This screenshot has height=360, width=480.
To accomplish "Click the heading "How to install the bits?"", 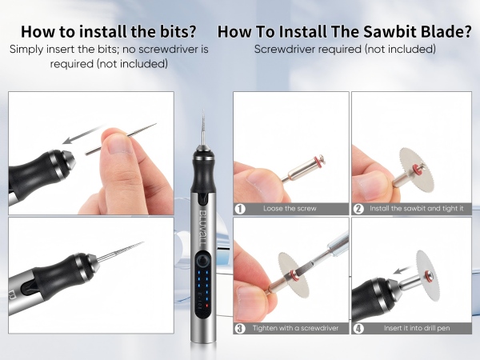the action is (x=109, y=31).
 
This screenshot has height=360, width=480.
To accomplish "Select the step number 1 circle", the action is (x=240, y=209).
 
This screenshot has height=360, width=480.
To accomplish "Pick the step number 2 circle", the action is (x=358, y=209).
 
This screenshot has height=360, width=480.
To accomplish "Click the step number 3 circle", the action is (x=240, y=329).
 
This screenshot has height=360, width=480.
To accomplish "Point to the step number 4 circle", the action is (x=358, y=329).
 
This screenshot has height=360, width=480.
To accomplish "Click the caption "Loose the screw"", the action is (x=290, y=209).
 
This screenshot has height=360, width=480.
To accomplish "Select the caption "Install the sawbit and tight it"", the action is (x=416, y=209).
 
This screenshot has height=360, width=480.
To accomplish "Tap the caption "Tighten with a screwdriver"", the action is (x=295, y=328).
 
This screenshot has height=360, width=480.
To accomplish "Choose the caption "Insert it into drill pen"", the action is (x=417, y=328).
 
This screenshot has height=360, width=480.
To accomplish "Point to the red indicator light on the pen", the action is (x=207, y=306).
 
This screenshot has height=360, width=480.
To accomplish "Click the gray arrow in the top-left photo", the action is (x=82, y=134).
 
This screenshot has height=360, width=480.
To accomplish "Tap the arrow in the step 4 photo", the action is (x=403, y=270).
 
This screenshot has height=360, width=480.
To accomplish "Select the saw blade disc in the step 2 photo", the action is (x=414, y=168).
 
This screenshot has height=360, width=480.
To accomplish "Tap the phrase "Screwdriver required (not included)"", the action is (x=345, y=49).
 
